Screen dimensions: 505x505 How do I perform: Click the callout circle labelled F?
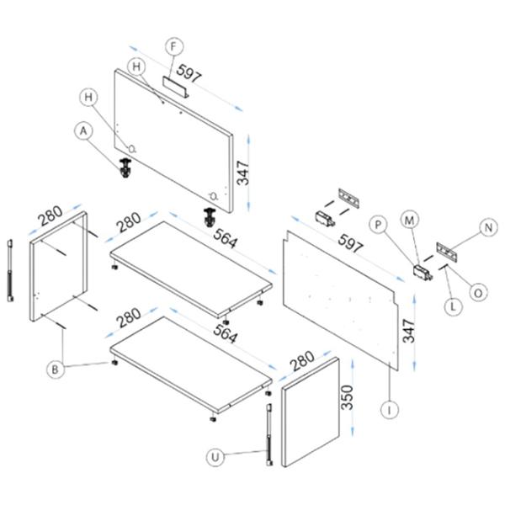click(173, 46)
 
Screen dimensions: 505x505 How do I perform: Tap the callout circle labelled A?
click(83, 131)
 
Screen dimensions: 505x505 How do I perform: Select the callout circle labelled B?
click(56, 369)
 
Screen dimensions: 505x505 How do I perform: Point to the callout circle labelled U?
click(215, 457)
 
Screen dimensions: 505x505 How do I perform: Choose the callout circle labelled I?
click(390, 410)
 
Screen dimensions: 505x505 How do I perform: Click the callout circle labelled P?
click(379, 225)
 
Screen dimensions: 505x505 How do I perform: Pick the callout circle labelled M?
click(409, 221)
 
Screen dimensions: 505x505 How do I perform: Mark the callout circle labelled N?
click(488, 227)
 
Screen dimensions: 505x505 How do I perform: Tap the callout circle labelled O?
click(478, 293)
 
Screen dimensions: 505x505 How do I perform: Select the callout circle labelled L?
click(453, 306)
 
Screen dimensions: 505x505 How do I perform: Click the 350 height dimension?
click(348, 397)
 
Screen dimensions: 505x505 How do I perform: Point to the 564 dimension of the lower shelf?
click(226, 333)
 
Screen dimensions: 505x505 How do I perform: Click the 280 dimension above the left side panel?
click(50, 215)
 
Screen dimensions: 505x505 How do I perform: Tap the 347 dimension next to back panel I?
click(409, 331)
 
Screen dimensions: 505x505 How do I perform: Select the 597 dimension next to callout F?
click(189, 73)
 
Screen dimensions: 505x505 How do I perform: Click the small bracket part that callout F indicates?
click(176, 87)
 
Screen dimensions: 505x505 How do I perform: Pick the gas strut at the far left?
click(10, 270)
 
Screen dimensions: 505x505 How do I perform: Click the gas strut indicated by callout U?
click(269, 435)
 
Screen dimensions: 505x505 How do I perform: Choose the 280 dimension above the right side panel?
click(302, 361)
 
